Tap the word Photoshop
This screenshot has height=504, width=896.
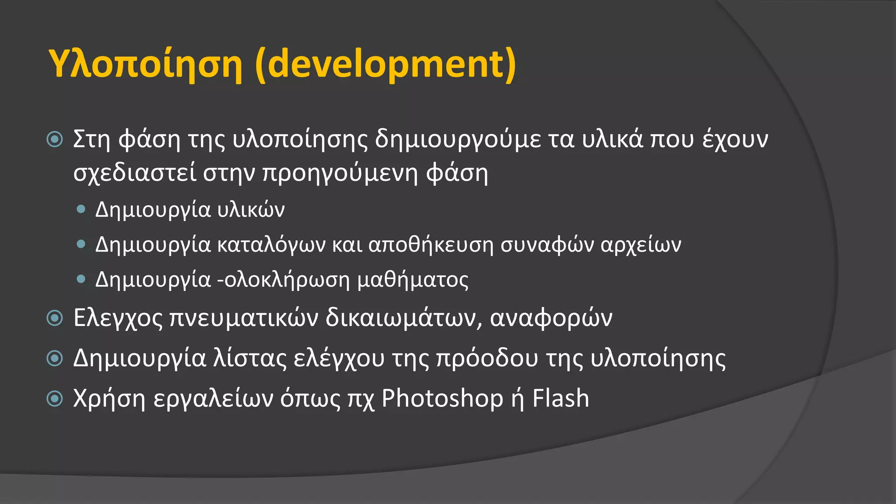(x=442, y=399)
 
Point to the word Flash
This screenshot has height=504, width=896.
(x=560, y=399)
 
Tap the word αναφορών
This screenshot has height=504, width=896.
(x=551, y=318)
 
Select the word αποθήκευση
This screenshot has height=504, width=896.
(x=431, y=245)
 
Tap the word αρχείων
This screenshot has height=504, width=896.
(x=641, y=245)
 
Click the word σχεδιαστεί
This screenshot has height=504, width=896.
(x=135, y=173)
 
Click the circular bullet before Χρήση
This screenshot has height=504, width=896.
(x=55, y=399)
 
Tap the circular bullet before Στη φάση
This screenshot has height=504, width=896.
(x=55, y=140)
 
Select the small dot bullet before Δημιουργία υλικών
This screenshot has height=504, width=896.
(x=80, y=209)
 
